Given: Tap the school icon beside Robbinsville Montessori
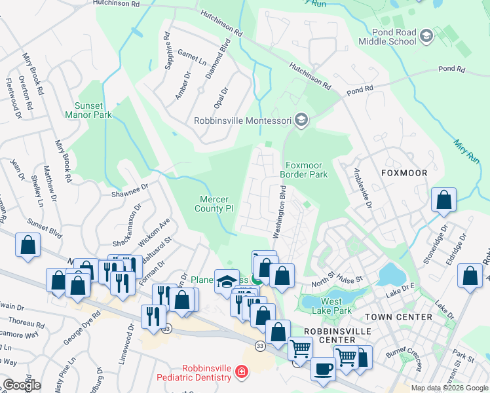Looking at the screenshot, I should (x=301, y=120).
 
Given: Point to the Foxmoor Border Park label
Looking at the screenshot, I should (x=303, y=170).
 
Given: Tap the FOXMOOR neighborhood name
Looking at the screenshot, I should (x=404, y=173).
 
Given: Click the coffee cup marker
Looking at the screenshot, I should (x=322, y=369).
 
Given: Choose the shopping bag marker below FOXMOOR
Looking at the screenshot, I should (x=443, y=200).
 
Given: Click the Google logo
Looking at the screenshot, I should (x=22, y=385).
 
